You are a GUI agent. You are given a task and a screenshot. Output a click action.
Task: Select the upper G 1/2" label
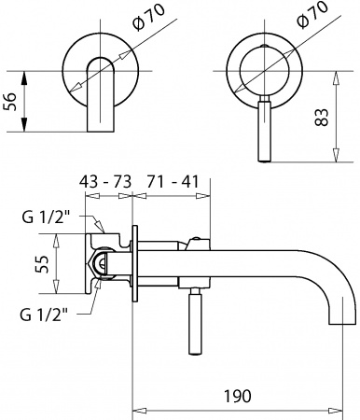(x=44, y=220)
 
